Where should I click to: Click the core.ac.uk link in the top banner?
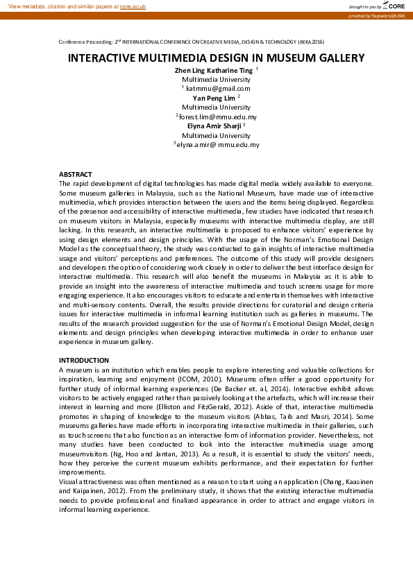(133, 6)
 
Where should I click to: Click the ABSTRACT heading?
(75, 174)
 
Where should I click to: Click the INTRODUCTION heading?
(83, 360)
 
